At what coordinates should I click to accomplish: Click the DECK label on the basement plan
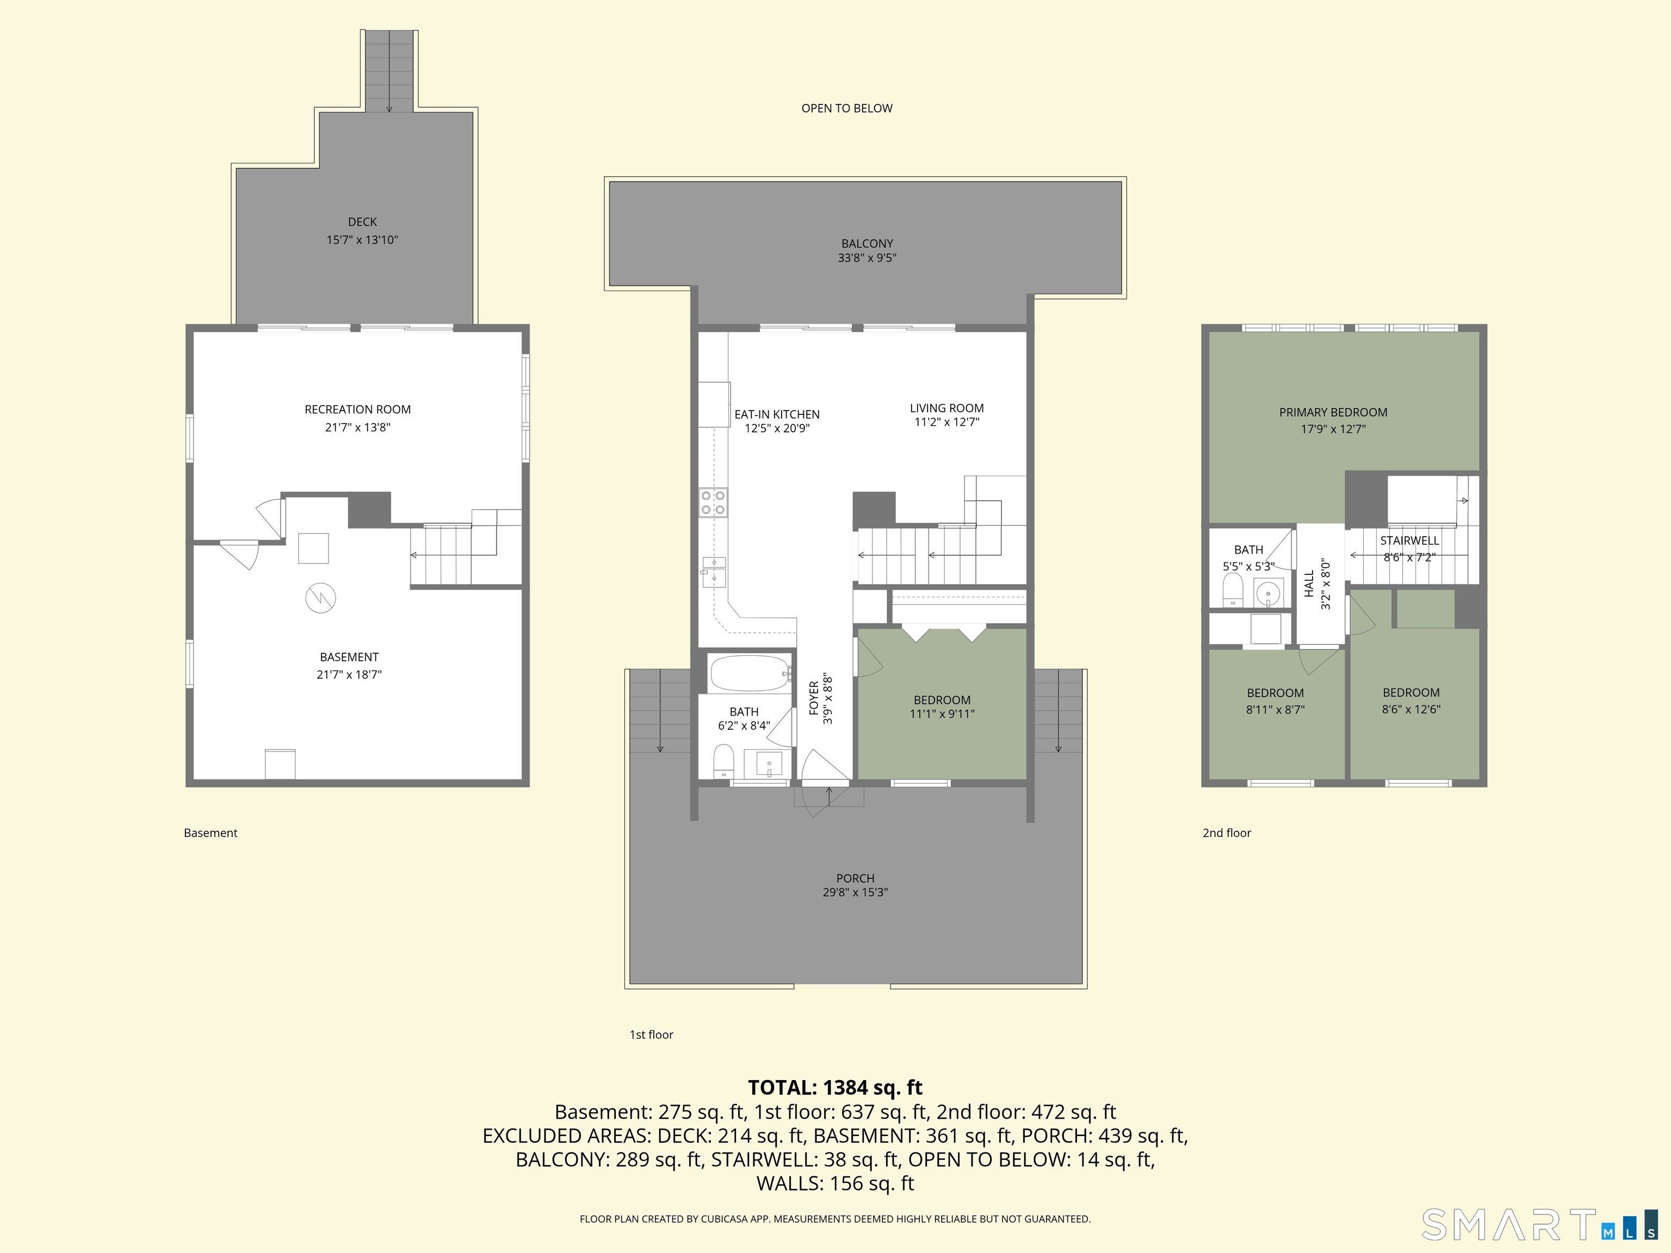pos(362,222)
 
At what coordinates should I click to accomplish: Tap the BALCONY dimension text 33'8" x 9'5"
pos(867,258)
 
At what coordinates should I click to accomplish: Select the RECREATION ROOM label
pos(357,410)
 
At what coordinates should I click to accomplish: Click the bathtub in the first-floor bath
pos(748,673)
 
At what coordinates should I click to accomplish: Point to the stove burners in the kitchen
pos(713,503)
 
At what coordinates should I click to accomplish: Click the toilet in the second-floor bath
pos(1232,589)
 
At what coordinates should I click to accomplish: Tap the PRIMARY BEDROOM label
pos(1333,412)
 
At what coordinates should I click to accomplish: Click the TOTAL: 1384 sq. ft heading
pos(835,1088)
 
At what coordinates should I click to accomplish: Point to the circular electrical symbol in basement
pos(320,598)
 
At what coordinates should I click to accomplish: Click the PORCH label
pos(855,878)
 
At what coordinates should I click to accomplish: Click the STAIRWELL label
pos(1409,541)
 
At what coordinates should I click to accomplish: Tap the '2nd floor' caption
pos(1227,833)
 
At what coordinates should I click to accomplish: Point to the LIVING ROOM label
pos(946,408)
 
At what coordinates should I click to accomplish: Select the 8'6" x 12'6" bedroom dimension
pos(1411,709)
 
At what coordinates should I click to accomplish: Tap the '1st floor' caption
pos(651,1035)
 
